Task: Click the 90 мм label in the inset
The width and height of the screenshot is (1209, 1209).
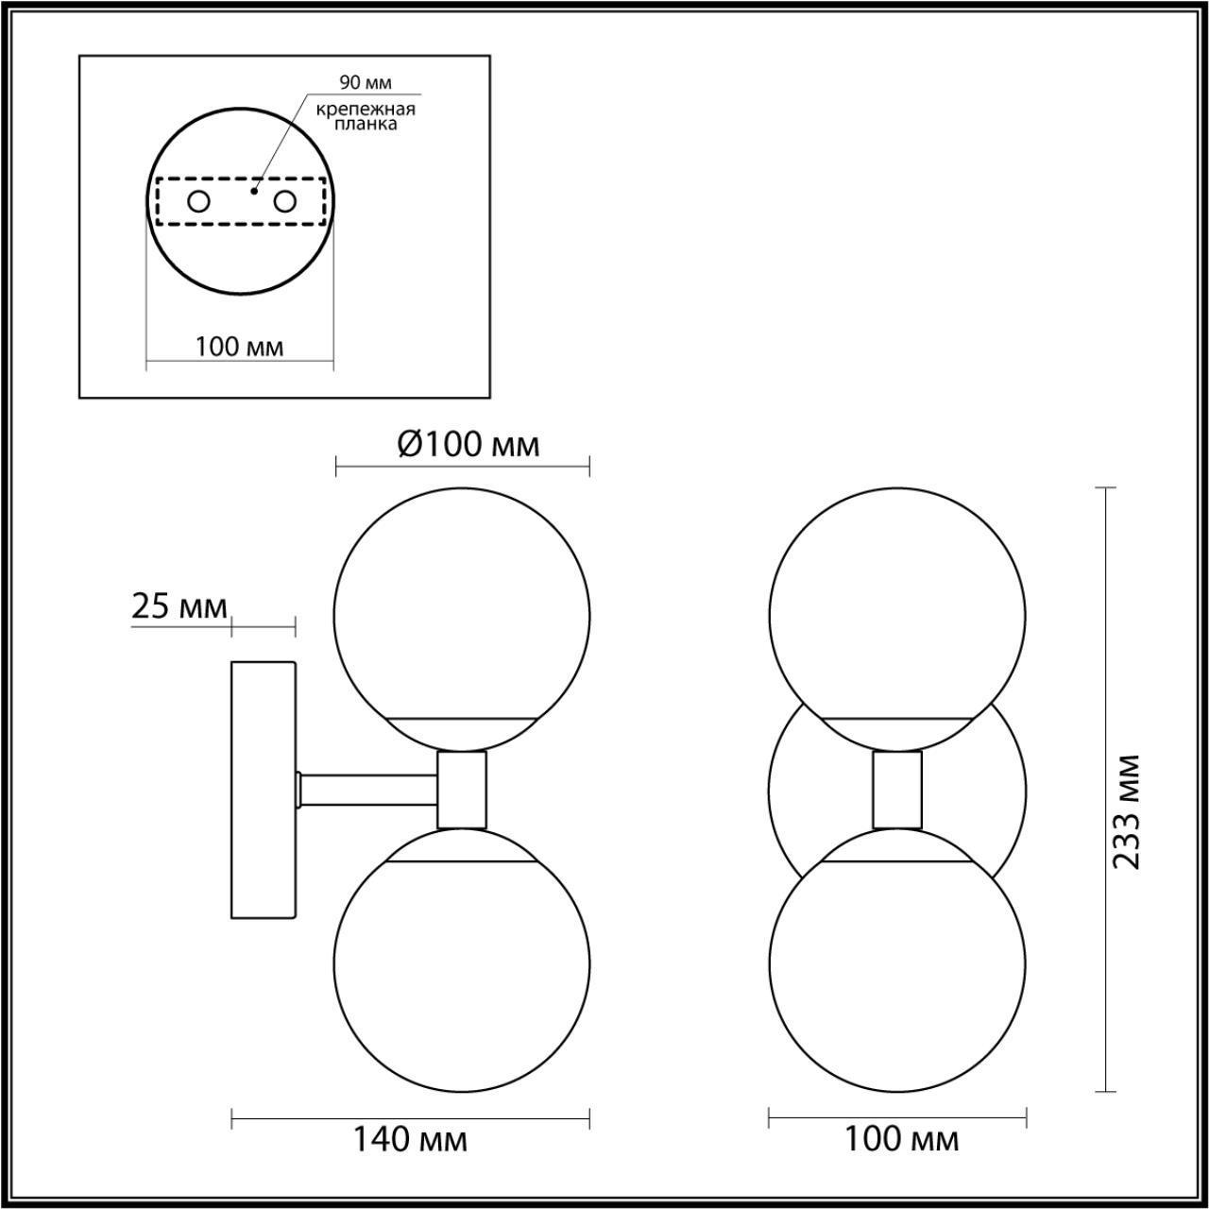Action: pyautogui.click(x=366, y=82)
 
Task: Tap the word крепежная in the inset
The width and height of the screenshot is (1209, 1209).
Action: pyautogui.click(x=366, y=110)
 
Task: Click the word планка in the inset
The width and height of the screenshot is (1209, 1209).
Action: pyautogui.click(x=366, y=125)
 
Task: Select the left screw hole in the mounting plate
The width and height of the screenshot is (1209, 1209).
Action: pyautogui.click(x=199, y=202)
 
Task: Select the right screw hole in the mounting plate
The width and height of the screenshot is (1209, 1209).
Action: pyautogui.click(x=284, y=202)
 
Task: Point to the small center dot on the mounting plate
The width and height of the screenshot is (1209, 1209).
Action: pyautogui.click(x=254, y=190)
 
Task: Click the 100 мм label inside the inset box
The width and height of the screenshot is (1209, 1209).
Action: pyautogui.click(x=240, y=347)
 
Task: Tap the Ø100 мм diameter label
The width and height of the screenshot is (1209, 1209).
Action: pyautogui.click(x=468, y=445)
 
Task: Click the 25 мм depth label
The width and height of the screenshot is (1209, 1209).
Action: pyautogui.click(x=179, y=606)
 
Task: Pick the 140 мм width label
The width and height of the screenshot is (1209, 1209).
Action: pyautogui.click(x=411, y=1139)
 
